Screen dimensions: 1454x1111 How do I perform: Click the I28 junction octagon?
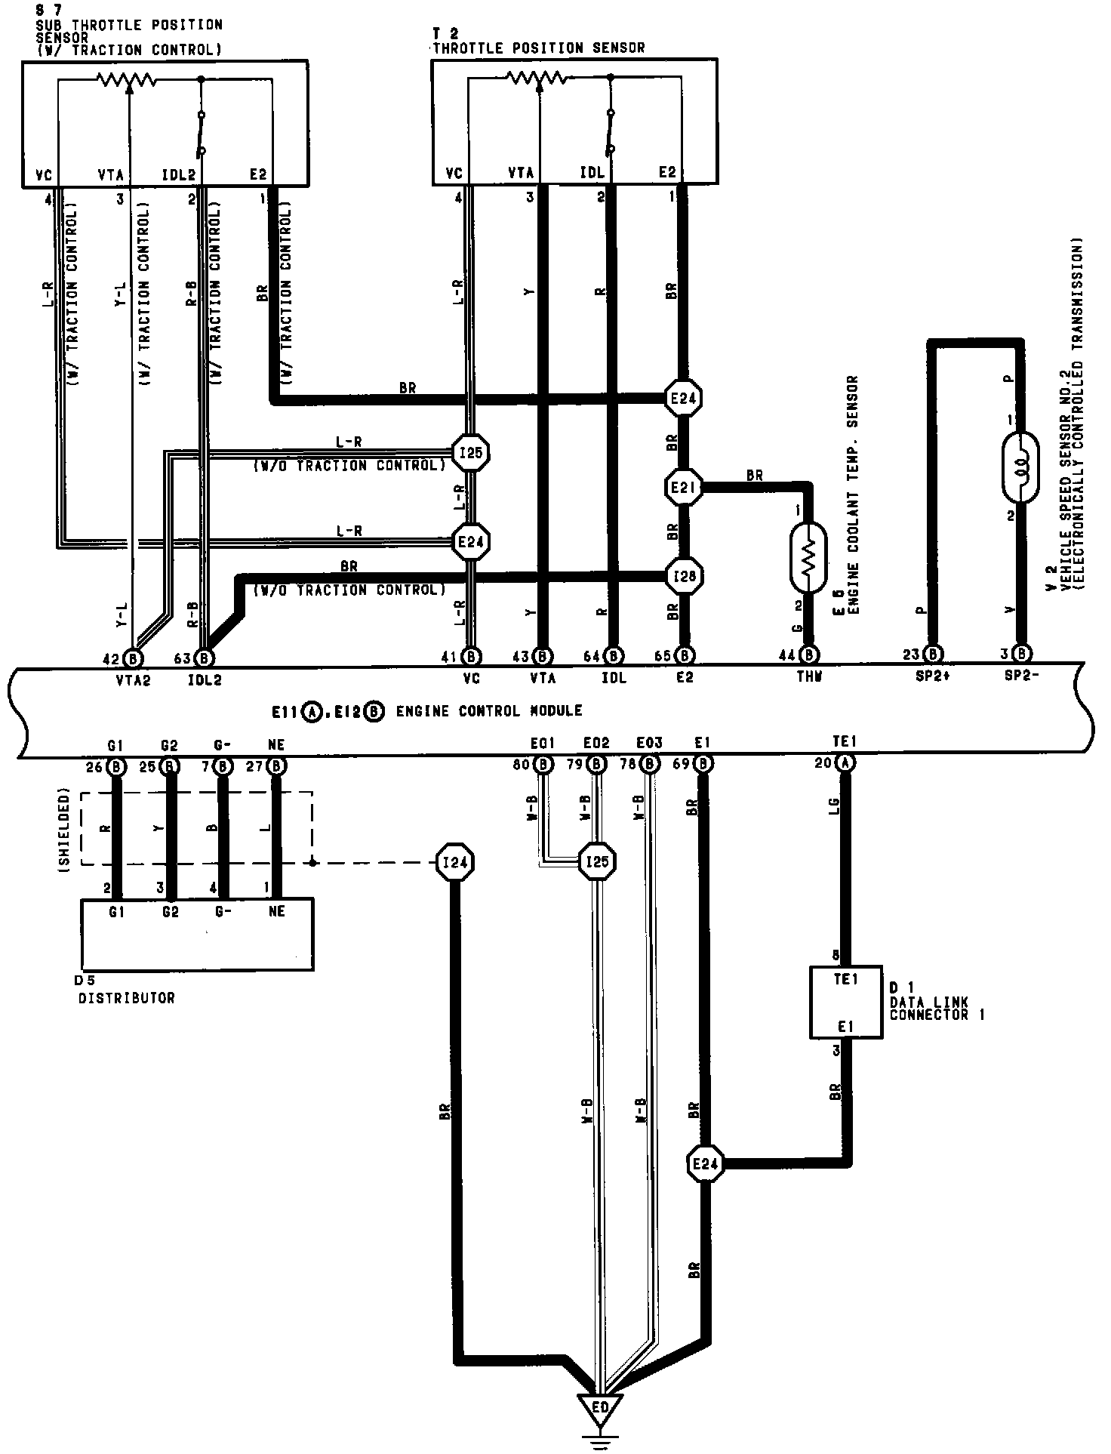tap(683, 576)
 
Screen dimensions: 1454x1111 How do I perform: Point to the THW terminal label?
tap(808, 678)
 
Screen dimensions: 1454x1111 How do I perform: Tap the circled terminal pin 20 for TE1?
tap(845, 764)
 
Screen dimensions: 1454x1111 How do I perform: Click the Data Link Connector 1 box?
tap(846, 1002)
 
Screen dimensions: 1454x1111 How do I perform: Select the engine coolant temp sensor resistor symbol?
tap(808, 558)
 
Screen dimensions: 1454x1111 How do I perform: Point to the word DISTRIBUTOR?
tap(126, 998)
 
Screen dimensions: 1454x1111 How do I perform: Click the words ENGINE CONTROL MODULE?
tap(490, 711)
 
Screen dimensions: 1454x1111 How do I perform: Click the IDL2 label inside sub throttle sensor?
tap(180, 174)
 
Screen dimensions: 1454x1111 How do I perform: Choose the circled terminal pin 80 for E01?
tap(543, 765)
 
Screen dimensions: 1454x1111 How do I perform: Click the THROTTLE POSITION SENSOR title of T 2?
tap(539, 48)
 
